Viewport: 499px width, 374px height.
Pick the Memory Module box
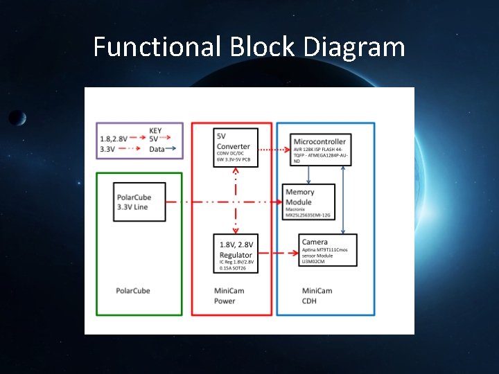pos(310,202)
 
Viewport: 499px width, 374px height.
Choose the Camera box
pos(328,251)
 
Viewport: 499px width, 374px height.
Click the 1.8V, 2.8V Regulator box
pos(236,253)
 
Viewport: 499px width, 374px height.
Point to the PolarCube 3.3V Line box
pos(141,202)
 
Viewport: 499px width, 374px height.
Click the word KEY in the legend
pos(156,130)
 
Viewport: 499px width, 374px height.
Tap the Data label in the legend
pos(157,148)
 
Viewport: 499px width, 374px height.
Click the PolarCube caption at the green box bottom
pos(133,290)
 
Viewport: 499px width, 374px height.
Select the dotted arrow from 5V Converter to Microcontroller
pos(274,149)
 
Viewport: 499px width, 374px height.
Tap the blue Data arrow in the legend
pos(174,148)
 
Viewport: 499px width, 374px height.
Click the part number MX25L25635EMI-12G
pos(308,215)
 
